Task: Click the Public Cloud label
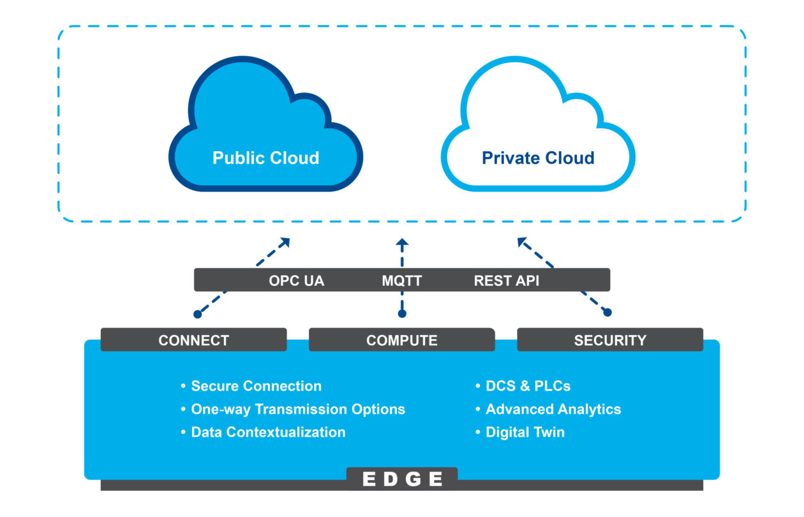tap(265, 158)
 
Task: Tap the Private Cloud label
tap(538, 158)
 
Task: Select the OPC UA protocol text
tap(296, 281)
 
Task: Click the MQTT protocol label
tap(402, 281)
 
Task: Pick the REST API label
tap(507, 281)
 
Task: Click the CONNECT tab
tap(193, 340)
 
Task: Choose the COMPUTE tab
tap(402, 340)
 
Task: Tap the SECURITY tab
tap(610, 340)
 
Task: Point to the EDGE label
tap(402, 479)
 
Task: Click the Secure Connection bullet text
tap(256, 386)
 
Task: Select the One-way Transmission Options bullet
tap(298, 409)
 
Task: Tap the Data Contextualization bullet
tap(268, 432)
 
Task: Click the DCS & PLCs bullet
tap(528, 386)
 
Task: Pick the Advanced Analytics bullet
tap(553, 409)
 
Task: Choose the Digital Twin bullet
tap(525, 432)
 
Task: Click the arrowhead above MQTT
tap(402, 243)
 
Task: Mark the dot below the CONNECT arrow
tap(198, 314)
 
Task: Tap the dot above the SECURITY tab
tap(607, 312)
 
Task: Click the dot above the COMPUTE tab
tap(402, 313)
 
